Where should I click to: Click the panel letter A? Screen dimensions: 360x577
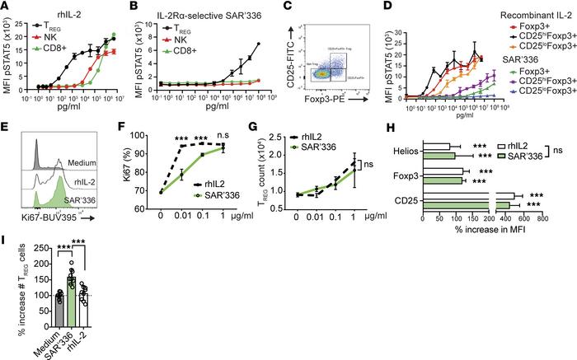6,7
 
